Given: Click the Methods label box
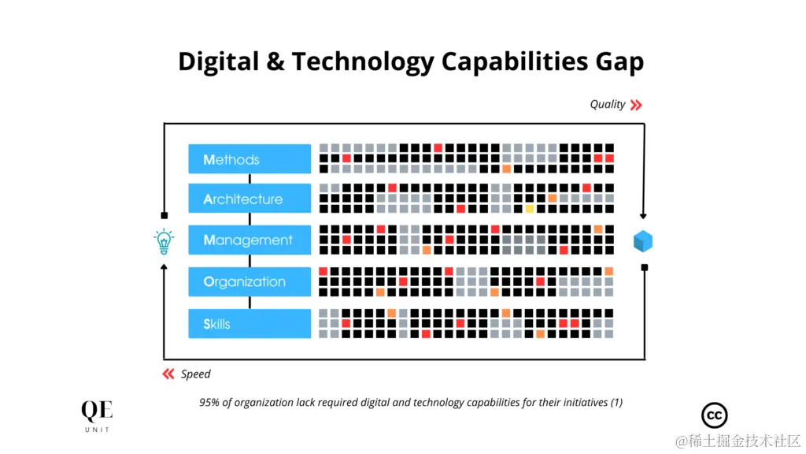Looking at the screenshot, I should pyautogui.click(x=250, y=159).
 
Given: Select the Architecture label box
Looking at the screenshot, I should pyautogui.click(x=250, y=199).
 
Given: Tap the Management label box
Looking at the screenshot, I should pyautogui.click(x=250, y=240).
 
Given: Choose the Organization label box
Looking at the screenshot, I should pyautogui.click(x=250, y=281).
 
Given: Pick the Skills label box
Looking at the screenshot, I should pyautogui.click(x=250, y=323).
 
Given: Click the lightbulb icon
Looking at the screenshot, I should pyautogui.click(x=164, y=241).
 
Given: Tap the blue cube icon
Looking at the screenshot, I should pyautogui.click(x=644, y=241).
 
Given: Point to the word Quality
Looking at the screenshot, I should pyautogui.click(x=608, y=104).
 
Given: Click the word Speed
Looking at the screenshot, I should pyautogui.click(x=196, y=374).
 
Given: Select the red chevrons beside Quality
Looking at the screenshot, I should pyautogui.click(x=636, y=104).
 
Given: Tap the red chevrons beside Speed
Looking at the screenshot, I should pyautogui.click(x=168, y=374).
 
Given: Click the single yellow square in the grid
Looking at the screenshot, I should pyautogui.click(x=530, y=209).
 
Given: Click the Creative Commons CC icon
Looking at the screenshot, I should pyautogui.click(x=714, y=415).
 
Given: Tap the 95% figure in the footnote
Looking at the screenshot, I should pyautogui.click(x=209, y=402).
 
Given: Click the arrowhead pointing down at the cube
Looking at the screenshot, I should pyautogui.click(x=644, y=216).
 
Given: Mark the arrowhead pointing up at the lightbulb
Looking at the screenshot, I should pyautogui.click(x=164, y=266).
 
